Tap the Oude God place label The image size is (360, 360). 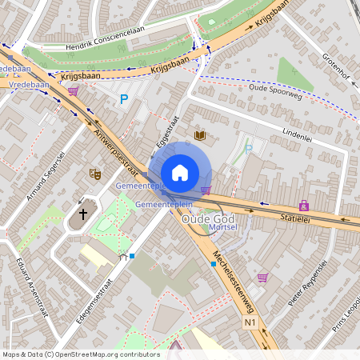(x=209, y=218)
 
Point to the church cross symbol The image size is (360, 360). (x=82, y=214)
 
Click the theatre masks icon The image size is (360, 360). (x=94, y=173)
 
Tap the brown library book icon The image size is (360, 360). (x=200, y=136)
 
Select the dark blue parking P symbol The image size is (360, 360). (x=123, y=99)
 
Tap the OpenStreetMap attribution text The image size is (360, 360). (x=80, y=354)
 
